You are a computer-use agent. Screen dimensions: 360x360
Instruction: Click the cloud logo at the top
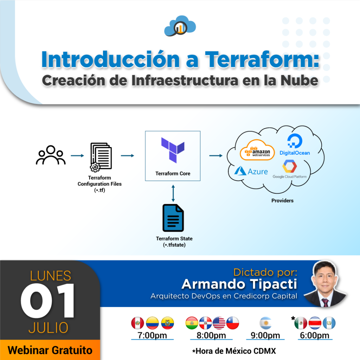coord(180,26)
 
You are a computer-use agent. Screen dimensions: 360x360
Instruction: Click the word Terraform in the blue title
coord(262,59)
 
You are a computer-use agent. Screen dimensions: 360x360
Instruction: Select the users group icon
coord(51,155)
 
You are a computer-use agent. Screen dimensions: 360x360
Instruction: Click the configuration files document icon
coord(101,157)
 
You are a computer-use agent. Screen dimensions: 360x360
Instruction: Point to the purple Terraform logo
coord(173,150)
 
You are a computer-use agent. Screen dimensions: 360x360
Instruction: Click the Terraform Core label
coord(173,174)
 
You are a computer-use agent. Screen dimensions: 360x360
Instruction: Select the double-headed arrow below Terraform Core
coord(173,193)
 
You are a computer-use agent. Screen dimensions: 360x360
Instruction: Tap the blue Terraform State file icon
coord(173,218)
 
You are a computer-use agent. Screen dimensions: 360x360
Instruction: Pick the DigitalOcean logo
coord(295,144)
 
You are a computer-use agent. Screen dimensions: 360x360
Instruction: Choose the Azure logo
coord(251,171)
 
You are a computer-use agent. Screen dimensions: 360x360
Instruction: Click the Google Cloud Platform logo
coord(290,169)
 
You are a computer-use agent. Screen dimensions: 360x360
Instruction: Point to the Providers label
coord(282,201)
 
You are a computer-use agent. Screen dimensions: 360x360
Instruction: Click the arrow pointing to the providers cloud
coord(216,156)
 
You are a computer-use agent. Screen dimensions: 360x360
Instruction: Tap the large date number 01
coord(48,301)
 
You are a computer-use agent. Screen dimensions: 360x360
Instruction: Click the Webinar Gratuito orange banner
coord(50,350)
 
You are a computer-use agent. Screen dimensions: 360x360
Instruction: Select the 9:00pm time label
coord(265,335)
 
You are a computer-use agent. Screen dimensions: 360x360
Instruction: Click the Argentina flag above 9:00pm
coord(266,323)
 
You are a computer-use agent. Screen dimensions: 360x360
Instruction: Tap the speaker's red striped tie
coord(325,303)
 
